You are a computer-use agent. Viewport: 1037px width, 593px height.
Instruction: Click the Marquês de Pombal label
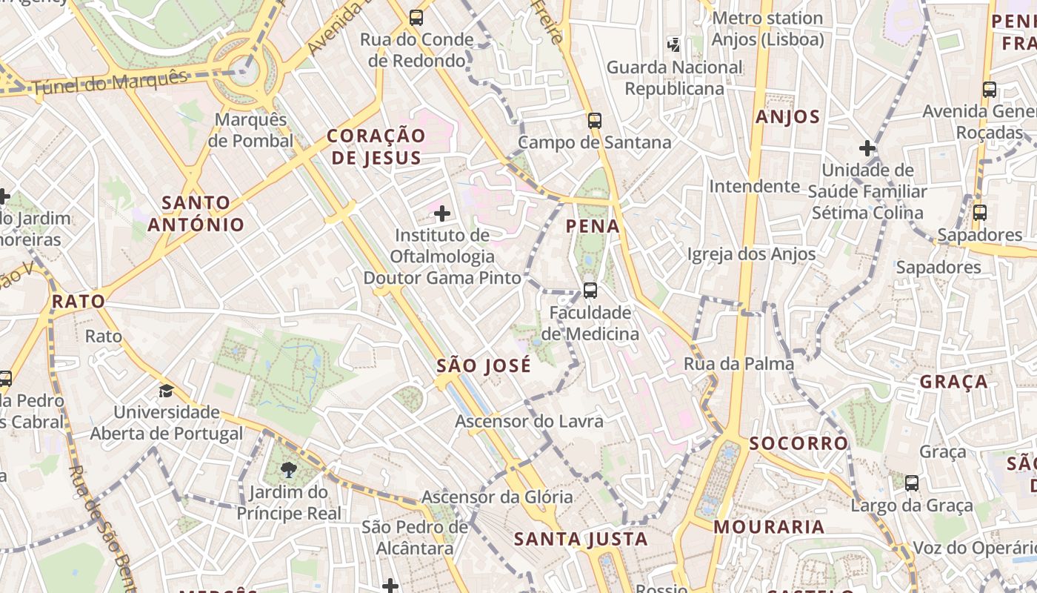pyautogui.click(x=250, y=130)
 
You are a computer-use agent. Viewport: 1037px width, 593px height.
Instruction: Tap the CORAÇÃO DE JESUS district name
pyautogui.click(x=376, y=146)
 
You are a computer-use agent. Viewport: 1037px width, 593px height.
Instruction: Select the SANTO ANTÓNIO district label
pyautogui.click(x=196, y=213)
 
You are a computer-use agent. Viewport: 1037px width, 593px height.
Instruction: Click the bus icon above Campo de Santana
pyautogui.click(x=594, y=120)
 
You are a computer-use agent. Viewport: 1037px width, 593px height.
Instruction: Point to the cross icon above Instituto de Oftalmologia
pyautogui.click(x=442, y=214)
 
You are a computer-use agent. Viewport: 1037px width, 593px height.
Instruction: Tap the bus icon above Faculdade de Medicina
pyautogui.click(x=590, y=290)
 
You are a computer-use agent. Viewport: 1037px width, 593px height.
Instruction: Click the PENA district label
pyautogui.click(x=593, y=226)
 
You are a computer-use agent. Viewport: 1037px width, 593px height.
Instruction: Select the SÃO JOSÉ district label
pyautogui.click(x=484, y=365)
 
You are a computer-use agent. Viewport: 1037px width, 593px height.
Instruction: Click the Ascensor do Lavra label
pyautogui.click(x=529, y=421)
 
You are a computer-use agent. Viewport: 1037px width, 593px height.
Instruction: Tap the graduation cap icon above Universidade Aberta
pyautogui.click(x=166, y=390)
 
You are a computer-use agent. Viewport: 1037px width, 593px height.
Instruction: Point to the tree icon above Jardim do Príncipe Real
pyautogui.click(x=289, y=469)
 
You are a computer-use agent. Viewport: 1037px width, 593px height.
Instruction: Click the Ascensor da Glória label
pyautogui.click(x=497, y=497)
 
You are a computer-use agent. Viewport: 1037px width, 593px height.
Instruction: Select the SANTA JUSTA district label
pyautogui.click(x=581, y=539)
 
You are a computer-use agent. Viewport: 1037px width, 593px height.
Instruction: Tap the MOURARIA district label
pyautogui.click(x=769, y=527)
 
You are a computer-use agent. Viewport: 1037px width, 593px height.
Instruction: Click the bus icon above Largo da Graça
pyautogui.click(x=912, y=483)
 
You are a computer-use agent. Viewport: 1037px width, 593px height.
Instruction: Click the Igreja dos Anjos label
pyautogui.click(x=751, y=254)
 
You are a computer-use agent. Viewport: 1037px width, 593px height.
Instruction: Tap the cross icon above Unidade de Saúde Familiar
pyautogui.click(x=867, y=148)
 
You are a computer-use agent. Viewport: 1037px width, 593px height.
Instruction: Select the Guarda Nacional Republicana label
pyautogui.click(x=674, y=78)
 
